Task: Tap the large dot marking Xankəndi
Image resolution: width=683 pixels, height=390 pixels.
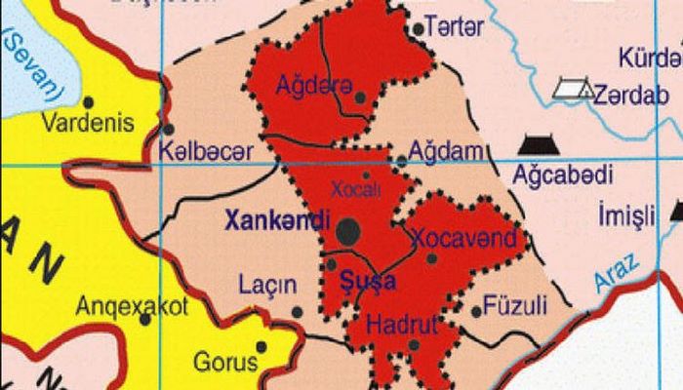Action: (x=348, y=231)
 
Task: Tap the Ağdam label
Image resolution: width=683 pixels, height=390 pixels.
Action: (x=446, y=150)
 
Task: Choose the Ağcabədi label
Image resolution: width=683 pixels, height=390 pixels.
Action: (x=563, y=175)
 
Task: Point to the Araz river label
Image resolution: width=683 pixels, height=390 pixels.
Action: (x=616, y=272)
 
